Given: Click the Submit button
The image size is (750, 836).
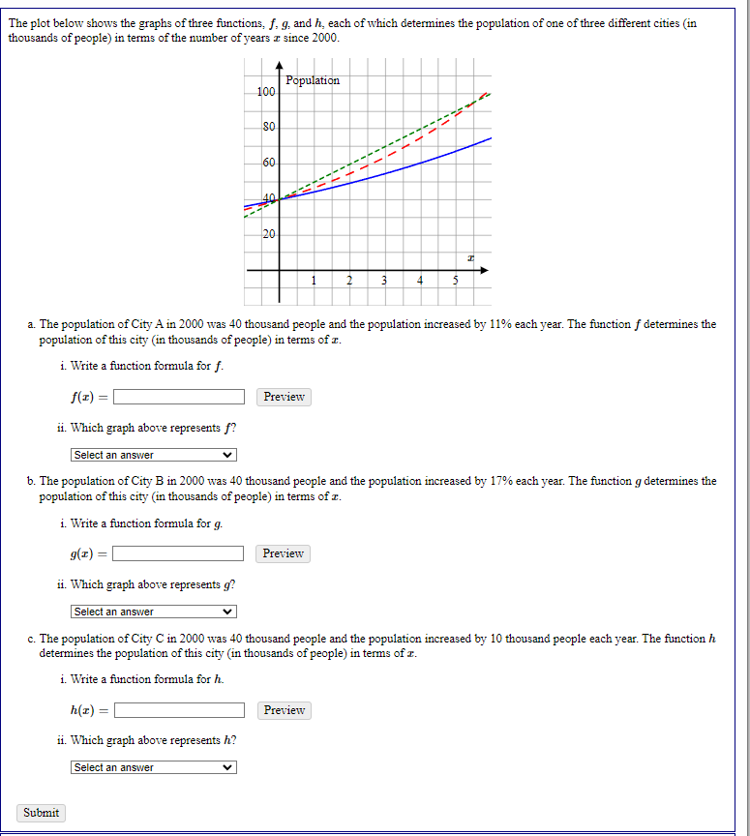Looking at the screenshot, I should click(41, 813).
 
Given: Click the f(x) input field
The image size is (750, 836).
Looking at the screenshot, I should click(179, 397).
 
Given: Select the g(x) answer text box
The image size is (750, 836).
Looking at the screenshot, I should click(179, 553).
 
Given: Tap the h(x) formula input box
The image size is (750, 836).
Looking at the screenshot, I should click(179, 710).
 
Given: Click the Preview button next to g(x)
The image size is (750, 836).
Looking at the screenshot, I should click(284, 553).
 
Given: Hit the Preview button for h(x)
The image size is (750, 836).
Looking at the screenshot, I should click(284, 710).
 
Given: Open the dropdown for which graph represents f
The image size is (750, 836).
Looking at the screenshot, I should click(154, 455).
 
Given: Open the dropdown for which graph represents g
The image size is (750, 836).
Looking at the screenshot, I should click(154, 612).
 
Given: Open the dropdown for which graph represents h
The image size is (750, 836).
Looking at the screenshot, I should click(154, 767).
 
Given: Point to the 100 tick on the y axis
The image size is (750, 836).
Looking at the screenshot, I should click(266, 92).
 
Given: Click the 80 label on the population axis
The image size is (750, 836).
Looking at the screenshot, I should click(269, 128).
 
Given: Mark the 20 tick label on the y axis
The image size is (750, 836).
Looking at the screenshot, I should click(269, 235).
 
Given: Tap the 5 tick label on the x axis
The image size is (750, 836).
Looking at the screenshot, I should click(455, 282).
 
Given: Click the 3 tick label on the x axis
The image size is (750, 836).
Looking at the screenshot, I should click(384, 282).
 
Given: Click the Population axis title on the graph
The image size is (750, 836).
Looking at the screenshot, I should click(313, 80).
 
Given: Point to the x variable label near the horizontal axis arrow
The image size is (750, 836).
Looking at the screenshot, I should click(470, 257).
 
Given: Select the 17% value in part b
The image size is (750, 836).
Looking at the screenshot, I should click(499, 481).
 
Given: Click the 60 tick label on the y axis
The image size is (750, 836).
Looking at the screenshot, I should click(269, 164).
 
